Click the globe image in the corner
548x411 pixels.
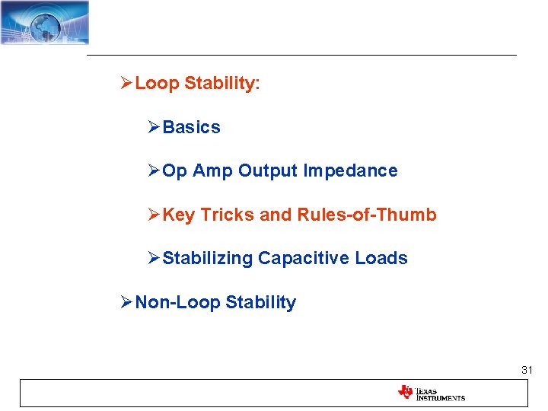(44, 22)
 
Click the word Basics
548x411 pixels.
(192, 128)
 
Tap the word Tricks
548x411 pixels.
(228, 215)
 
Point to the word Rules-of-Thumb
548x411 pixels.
(367, 215)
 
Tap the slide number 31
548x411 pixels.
(527, 370)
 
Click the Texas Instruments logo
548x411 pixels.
(431, 393)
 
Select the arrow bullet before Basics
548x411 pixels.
(155, 128)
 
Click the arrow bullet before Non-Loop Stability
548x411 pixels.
(127, 303)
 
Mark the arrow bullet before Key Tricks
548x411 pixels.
(155, 215)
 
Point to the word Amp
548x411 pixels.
(212, 171)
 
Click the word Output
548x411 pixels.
(268, 171)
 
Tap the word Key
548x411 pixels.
(179, 215)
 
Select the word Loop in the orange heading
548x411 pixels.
(158, 84)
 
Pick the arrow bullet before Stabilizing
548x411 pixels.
(155, 259)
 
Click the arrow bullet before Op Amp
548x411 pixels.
(155, 171)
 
